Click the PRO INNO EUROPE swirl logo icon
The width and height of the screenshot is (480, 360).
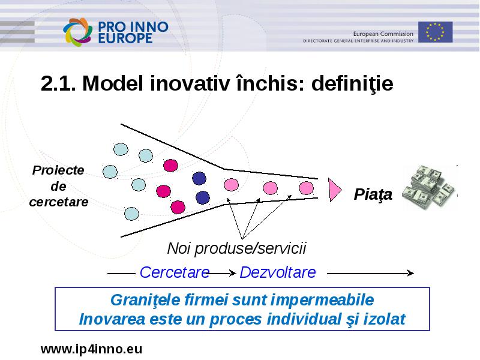click(x=78, y=32)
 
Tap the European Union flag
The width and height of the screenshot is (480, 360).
click(x=436, y=32)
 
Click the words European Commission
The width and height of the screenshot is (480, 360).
click(x=383, y=34)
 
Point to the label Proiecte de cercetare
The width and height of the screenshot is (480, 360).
click(x=58, y=186)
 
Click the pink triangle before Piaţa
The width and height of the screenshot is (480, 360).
click(x=335, y=190)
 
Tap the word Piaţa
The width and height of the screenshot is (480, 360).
click(x=373, y=194)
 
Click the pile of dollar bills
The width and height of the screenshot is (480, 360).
click(x=429, y=187)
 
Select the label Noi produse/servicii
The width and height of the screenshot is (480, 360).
click(x=236, y=248)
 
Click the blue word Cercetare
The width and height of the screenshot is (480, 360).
click(x=175, y=272)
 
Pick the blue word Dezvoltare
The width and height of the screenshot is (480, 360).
click(x=278, y=272)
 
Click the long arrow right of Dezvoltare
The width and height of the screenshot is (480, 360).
click(x=370, y=273)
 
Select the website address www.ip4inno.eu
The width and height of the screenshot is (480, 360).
click(x=92, y=349)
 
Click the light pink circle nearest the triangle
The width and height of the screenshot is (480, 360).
click(x=306, y=188)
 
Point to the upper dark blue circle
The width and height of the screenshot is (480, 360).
click(x=199, y=178)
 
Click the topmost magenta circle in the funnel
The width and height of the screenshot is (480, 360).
click(x=170, y=166)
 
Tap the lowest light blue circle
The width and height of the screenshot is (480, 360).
click(x=131, y=214)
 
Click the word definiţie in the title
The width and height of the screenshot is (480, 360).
click(x=352, y=83)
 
